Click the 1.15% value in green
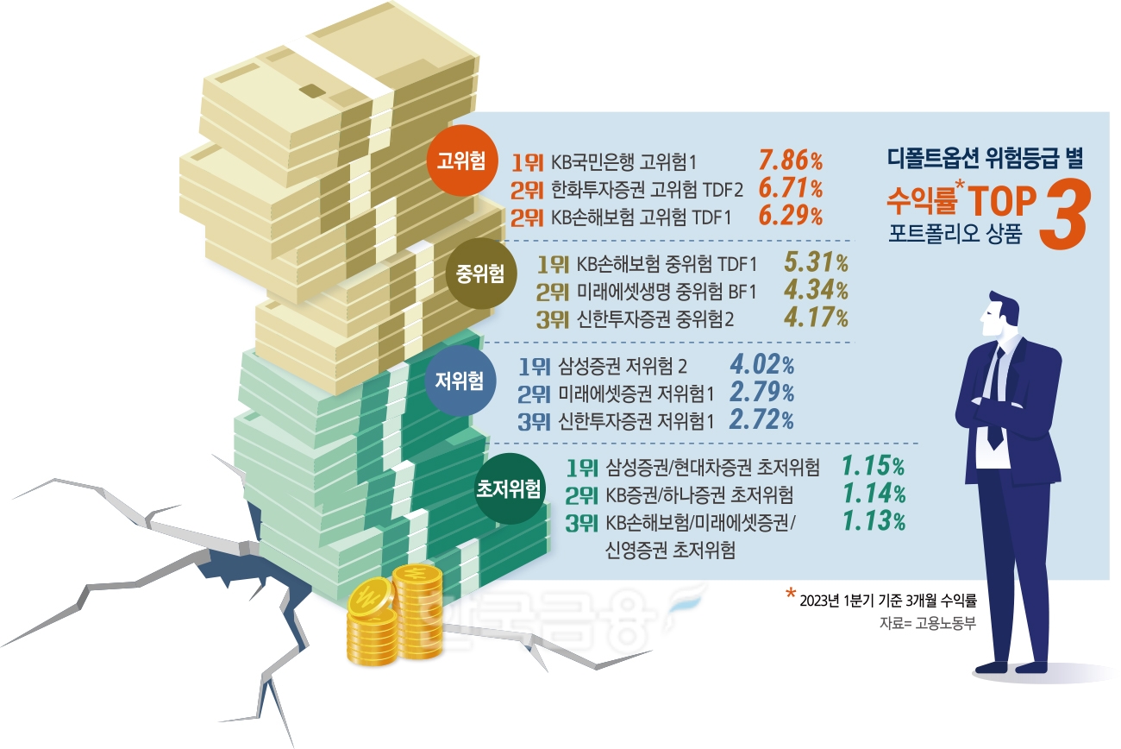pyautogui.click(x=873, y=467)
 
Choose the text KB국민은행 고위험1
pyautogui.click(x=623, y=161)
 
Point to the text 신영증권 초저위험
pyautogui.click(x=671, y=551)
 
